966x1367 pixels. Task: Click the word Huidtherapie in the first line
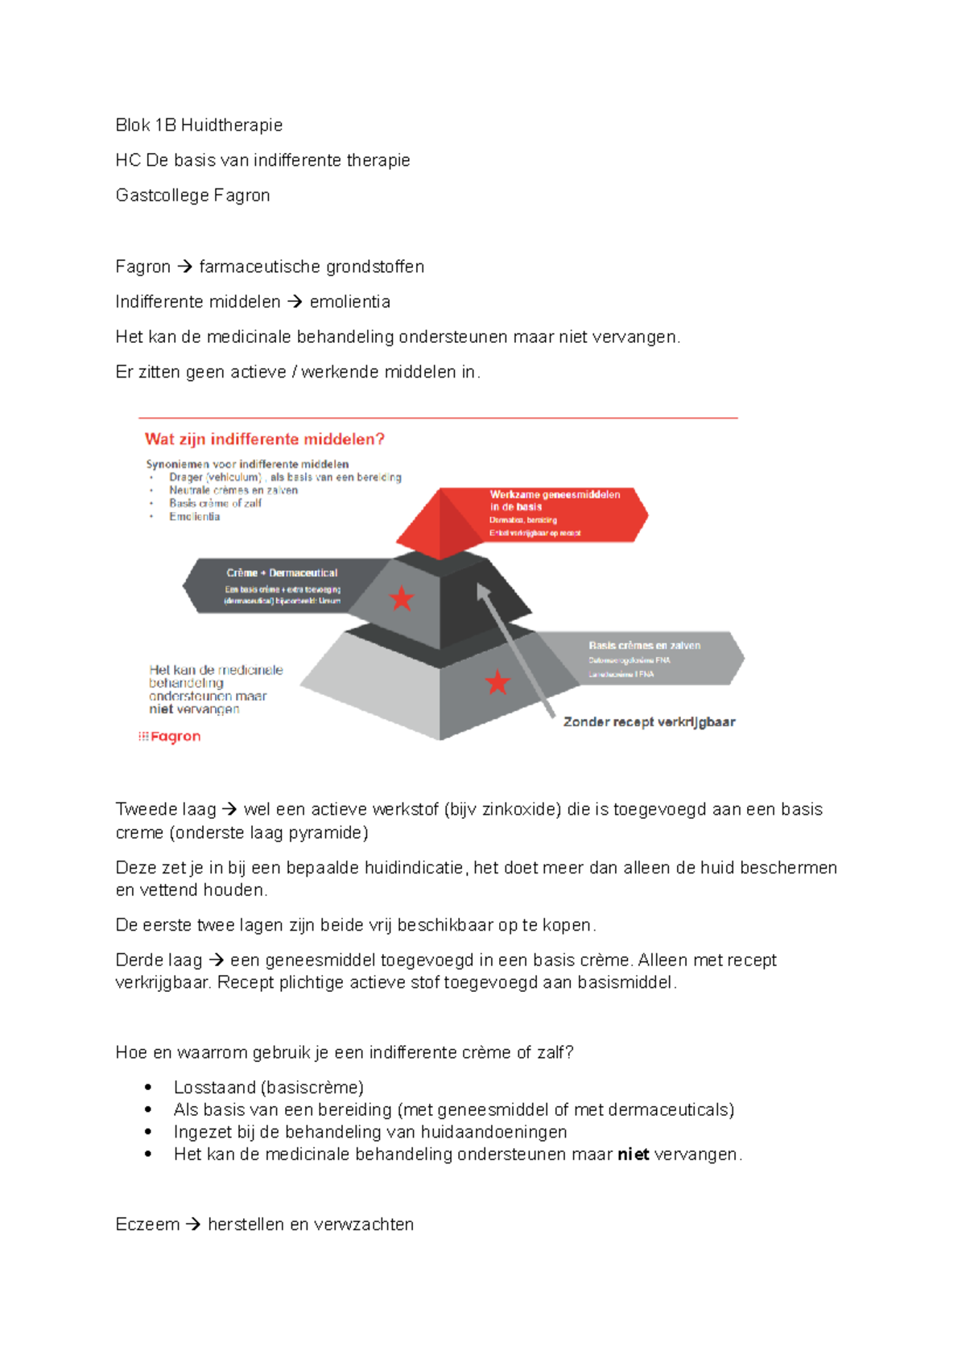(232, 125)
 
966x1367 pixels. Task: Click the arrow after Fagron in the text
(184, 266)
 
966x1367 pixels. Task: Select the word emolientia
(349, 302)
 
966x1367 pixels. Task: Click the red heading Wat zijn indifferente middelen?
(264, 439)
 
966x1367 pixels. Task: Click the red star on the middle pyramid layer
(401, 598)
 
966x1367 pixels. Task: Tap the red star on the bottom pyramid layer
(497, 682)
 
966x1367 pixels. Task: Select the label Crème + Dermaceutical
(282, 572)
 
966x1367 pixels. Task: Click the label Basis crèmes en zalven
(644, 645)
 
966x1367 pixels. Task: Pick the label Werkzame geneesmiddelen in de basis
(555, 500)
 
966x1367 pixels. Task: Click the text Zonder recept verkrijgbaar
(649, 721)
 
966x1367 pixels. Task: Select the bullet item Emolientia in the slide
(194, 516)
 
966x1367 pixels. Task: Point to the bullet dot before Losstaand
(148, 1087)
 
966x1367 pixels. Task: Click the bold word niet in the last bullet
(633, 1154)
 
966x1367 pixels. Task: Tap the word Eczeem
(147, 1224)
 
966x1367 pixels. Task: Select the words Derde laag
(159, 960)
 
